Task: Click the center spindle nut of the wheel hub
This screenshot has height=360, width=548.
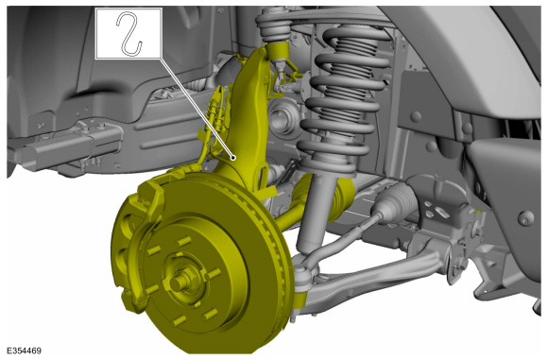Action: click(180, 281)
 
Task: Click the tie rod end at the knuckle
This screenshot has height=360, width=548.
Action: click(302, 270)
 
